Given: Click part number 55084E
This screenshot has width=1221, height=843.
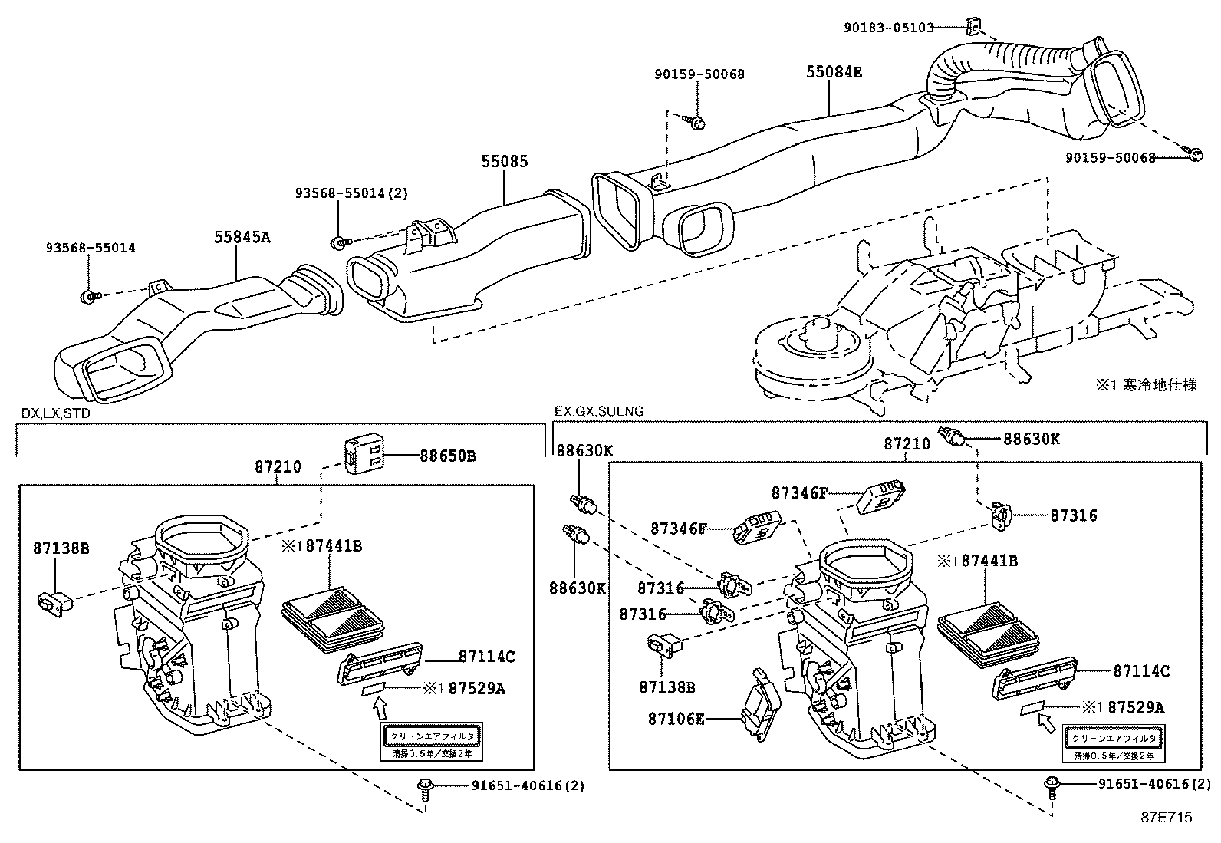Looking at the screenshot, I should (x=834, y=72).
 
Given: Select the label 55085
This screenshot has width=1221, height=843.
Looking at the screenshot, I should (x=505, y=162).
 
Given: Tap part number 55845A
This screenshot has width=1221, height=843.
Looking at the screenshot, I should (x=242, y=237).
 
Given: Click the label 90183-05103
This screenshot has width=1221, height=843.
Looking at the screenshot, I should (x=888, y=28).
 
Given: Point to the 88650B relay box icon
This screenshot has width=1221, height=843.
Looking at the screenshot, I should (x=362, y=454).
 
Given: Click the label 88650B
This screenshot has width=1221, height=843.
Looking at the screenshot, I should (x=447, y=456).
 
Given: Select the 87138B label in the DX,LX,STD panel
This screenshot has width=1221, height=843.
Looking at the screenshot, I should (x=61, y=548).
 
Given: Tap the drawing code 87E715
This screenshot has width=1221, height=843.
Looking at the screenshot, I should (x=1166, y=818).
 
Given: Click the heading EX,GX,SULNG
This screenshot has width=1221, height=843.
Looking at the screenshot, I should (x=598, y=411).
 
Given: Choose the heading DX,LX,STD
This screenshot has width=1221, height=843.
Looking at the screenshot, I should (x=55, y=413).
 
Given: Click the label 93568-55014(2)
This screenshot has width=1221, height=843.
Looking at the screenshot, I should (x=351, y=193).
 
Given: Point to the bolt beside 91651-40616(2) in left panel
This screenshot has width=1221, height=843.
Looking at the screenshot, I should (x=423, y=787).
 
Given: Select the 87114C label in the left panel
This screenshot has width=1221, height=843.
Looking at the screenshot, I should (x=486, y=657).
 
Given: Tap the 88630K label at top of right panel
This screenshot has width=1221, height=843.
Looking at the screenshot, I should (x=1031, y=439).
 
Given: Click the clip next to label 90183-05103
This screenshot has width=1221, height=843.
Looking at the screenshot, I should (x=973, y=28).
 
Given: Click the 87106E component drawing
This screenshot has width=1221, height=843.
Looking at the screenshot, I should (x=760, y=704).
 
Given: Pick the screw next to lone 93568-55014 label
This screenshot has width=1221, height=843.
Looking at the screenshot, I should (x=89, y=295).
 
